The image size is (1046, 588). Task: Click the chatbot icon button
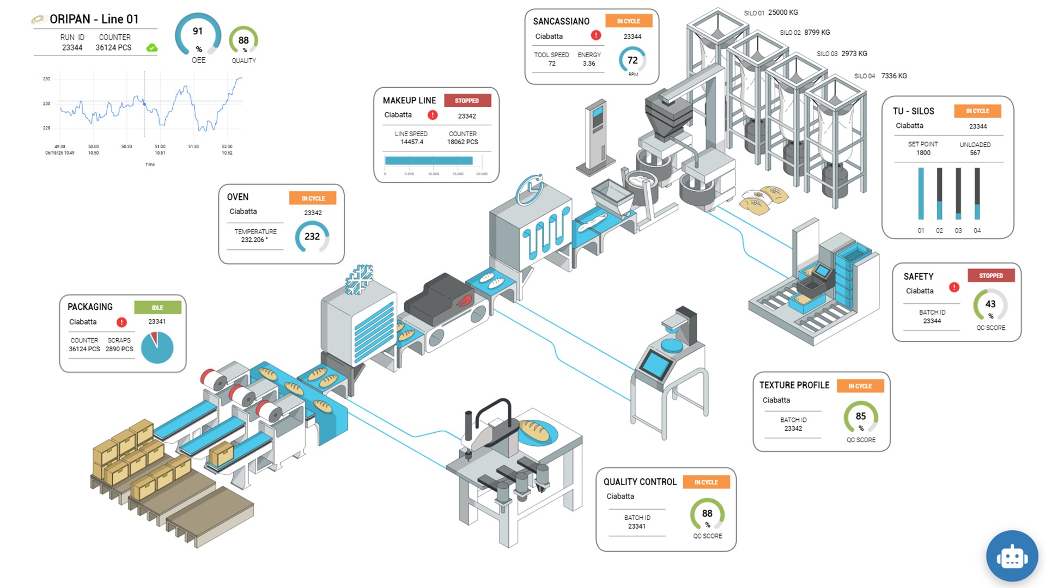pyautogui.click(x=1012, y=556)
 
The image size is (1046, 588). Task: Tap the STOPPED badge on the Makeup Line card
pyautogui.click(x=467, y=101)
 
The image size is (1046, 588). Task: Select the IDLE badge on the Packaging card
pyautogui.click(x=157, y=308)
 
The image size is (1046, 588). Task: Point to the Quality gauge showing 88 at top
pyautogui.click(x=244, y=40)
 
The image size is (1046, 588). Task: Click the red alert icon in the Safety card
pyautogui.click(x=954, y=287)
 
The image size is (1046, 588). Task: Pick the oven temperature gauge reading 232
pyautogui.click(x=312, y=237)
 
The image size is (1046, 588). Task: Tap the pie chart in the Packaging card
pyautogui.click(x=157, y=347)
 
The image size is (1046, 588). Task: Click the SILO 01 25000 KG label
pyautogui.click(x=771, y=13)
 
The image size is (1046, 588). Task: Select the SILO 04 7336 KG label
pyautogui.click(x=880, y=76)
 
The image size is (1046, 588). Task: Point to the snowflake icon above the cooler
pyautogui.click(x=359, y=279)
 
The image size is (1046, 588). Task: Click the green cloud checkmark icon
pyautogui.click(x=152, y=48)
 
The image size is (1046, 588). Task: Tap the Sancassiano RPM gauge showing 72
pyautogui.click(x=632, y=60)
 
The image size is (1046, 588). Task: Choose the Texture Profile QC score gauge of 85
pyautogui.click(x=861, y=417)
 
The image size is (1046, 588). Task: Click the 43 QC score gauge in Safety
pyautogui.click(x=990, y=305)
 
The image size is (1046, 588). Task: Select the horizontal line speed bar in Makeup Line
pyautogui.click(x=429, y=161)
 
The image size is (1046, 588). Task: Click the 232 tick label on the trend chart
pyautogui.click(x=46, y=79)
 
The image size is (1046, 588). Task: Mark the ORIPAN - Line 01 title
pyautogui.click(x=94, y=19)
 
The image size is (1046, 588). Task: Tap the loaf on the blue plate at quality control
pyautogui.click(x=534, y=431)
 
